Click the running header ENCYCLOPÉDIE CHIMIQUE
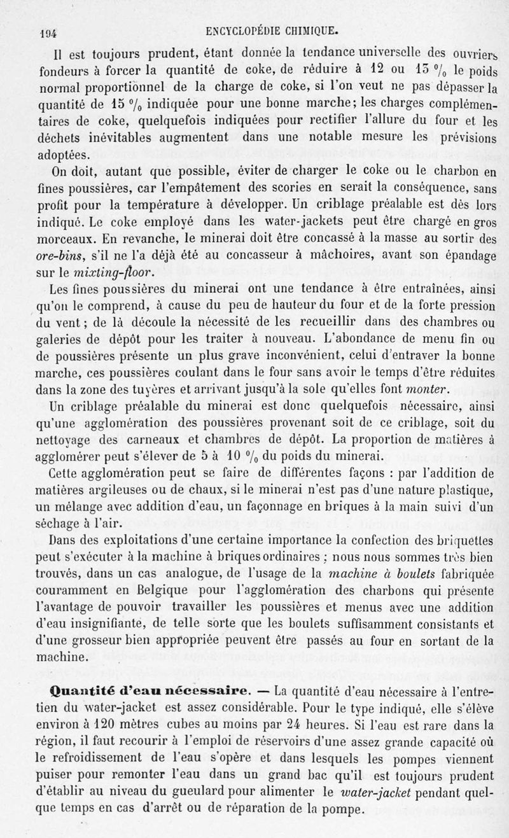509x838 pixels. tap(277, 30)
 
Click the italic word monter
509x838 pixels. tap(431, 389)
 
